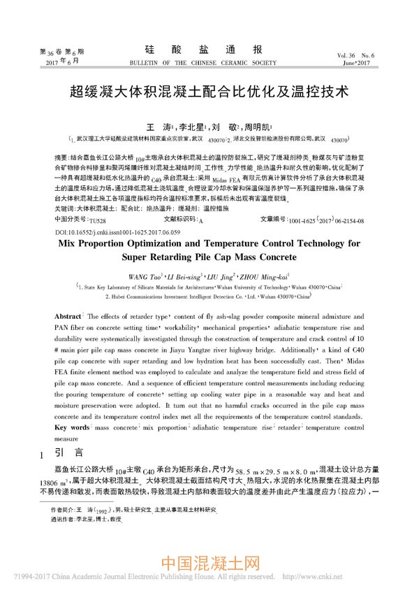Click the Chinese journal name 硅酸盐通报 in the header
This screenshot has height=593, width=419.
click(209, 50)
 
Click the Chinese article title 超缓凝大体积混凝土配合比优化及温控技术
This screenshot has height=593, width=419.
click(209, 91)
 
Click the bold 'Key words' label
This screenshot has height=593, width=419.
click(72, 426)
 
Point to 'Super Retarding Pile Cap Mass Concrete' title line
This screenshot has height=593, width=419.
click(209, 237)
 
